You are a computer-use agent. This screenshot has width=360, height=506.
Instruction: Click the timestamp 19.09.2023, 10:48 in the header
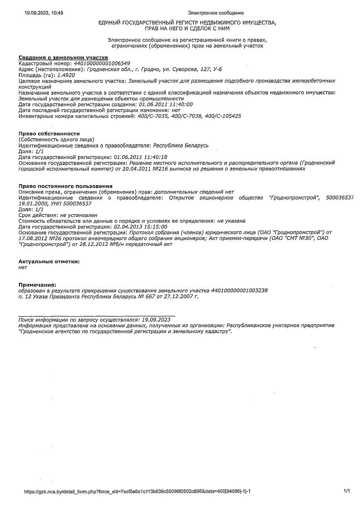44,13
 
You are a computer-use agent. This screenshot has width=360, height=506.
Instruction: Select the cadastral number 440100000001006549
102,63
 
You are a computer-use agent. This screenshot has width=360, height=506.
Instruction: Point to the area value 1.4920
66,75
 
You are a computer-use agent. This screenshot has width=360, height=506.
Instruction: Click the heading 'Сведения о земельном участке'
63,57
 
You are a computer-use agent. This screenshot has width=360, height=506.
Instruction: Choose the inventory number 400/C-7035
149,116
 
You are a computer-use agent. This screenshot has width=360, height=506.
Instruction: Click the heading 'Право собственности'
49,134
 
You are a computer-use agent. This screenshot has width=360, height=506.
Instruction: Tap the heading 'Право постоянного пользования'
65,186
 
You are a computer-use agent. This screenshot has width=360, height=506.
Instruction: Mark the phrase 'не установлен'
79,215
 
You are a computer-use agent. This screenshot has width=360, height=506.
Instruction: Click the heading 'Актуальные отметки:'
49,261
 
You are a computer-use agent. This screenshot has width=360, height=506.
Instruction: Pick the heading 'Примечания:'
37,285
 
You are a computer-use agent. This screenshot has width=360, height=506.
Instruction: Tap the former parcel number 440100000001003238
239,291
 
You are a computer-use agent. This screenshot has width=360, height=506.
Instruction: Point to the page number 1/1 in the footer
347,491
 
